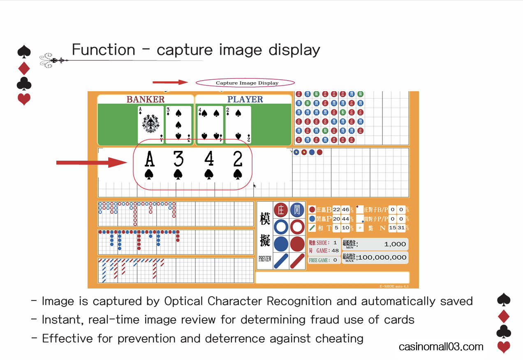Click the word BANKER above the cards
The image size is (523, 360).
145,99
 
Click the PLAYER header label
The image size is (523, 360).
245,99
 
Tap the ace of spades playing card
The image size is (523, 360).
151,125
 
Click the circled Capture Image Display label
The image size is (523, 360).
247,83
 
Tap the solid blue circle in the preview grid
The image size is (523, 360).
281,244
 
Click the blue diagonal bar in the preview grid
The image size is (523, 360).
281,261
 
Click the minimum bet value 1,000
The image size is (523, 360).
395,244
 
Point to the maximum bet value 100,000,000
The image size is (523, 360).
382,257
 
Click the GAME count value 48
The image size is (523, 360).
335,251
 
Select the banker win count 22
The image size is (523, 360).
336,210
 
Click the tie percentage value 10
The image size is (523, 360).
345,228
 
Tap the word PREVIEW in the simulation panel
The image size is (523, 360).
265,259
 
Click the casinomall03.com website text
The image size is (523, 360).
441,347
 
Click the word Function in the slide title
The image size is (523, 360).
103,50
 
